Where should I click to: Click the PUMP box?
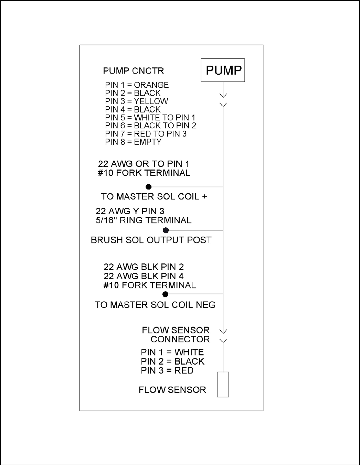223,70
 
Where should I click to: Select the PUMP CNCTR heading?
134,71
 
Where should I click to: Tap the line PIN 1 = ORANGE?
137,85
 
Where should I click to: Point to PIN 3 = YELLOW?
137,101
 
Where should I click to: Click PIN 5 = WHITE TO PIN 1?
150,118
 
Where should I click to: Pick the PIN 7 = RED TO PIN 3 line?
146,134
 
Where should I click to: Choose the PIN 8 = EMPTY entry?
133,142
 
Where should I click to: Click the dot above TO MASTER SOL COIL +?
149,187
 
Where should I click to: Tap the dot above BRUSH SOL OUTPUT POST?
166,230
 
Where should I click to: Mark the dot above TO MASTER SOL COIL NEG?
166,294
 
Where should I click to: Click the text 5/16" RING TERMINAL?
144,220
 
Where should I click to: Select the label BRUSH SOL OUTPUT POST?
151,240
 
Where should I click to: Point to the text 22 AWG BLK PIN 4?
144,276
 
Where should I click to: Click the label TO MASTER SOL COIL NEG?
155,305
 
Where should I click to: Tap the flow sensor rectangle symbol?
223,385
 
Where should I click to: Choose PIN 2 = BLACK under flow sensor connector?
172,361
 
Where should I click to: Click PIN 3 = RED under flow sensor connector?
167,370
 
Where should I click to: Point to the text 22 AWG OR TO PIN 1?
144,164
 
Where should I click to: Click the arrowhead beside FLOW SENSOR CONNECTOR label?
223,331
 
